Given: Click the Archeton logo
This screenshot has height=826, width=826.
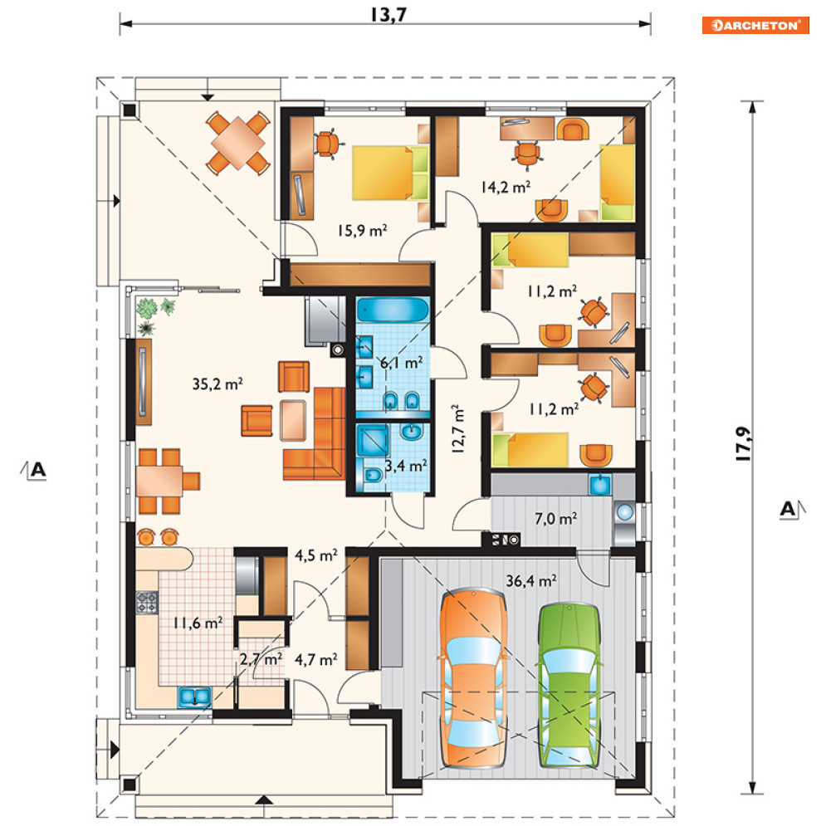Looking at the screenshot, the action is pos(755,25).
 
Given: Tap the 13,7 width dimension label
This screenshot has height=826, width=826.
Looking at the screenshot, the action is pos(389,14).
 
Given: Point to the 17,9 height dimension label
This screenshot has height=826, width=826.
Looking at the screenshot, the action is pos(743,443).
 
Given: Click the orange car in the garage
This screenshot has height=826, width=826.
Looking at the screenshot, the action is pos(473,678).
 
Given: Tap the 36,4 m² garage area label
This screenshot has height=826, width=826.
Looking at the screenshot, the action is pos(531,580).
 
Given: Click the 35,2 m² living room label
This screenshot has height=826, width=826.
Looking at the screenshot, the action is pos(217,384).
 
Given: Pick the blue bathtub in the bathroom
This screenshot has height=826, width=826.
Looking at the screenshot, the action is pos(393,310).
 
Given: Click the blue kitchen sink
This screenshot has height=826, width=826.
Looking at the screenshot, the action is pos(194,696).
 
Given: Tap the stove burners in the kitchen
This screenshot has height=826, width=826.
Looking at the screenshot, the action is pos(147,603).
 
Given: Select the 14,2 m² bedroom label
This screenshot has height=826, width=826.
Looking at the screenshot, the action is pos(506,187).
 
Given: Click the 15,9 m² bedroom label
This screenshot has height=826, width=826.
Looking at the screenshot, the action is pos(362,230).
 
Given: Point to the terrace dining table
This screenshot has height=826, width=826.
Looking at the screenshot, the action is pos(238,143).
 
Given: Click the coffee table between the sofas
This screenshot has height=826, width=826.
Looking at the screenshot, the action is pos(293,420).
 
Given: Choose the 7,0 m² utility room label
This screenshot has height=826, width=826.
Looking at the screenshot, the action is pos(555,519).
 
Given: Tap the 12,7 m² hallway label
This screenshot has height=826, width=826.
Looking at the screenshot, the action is pos(457,429).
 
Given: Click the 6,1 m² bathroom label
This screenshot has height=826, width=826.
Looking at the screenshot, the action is pos(402,363).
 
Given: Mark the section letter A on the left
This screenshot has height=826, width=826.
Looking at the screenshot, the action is pos(38,469).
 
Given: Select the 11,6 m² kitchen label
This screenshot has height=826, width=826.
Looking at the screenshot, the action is pos(198,623).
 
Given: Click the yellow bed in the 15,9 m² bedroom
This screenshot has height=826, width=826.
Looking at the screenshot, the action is pos(390,174).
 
